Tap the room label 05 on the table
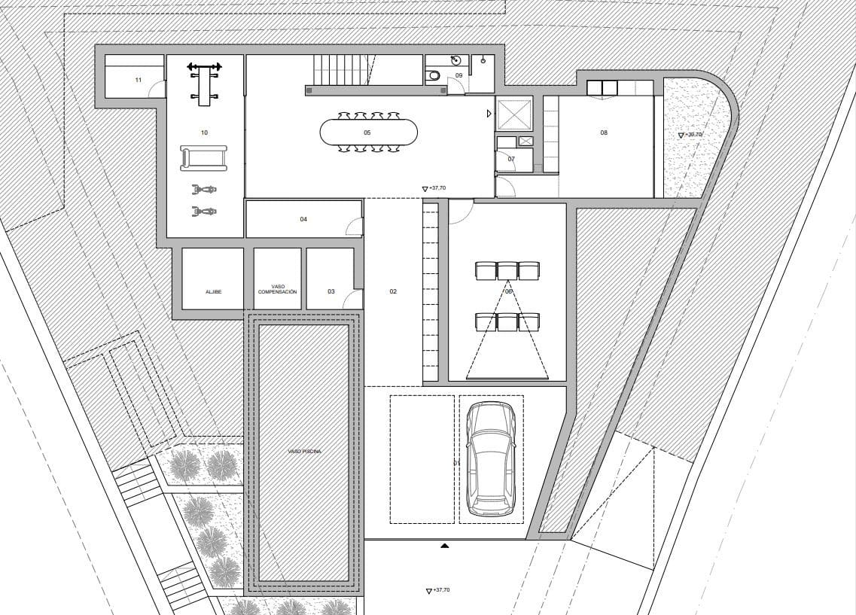pos(367,132)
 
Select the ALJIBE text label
pos(213,291)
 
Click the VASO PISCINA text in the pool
pos(304,452)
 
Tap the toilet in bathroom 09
pos(434,75)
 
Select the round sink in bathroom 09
pos(455,61)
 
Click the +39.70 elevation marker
pos(690,135)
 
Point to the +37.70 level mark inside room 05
pos(434,189)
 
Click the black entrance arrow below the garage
pos(445,545)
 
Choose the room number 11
pos(138,80)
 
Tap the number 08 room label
pos(604,132)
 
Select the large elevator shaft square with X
pos(514,114)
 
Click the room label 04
pos(303,219)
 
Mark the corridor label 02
pos(393,291)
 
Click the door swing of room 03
pos(351,300)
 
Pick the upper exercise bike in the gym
pos(203,190)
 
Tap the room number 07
pos(511,159)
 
